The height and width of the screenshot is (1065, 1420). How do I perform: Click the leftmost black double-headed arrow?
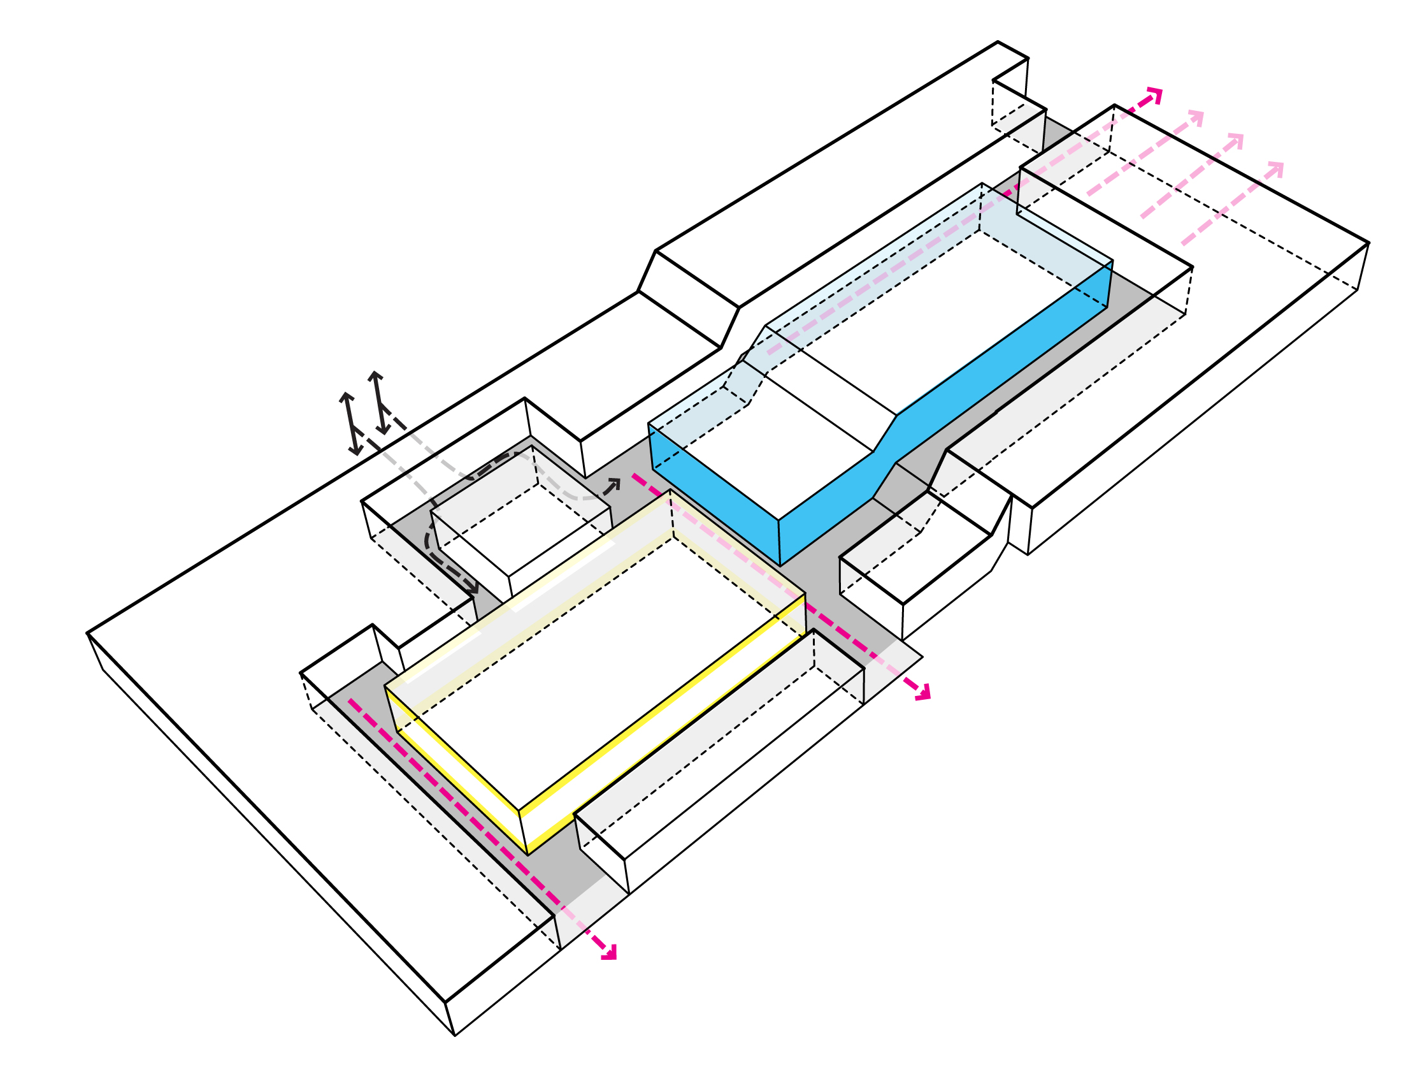350,424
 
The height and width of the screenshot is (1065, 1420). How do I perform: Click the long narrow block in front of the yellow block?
719,745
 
